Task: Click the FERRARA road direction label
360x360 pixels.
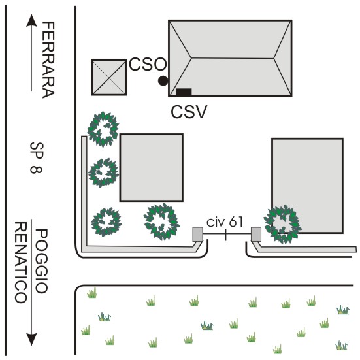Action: click(x=48, y=59)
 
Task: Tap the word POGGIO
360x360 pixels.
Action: click(x=42, y=261)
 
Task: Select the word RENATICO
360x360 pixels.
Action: click(x=21, y=263)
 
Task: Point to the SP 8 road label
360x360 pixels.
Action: click(x=37, y=158)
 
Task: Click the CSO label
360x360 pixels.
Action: click(x=148, y=64)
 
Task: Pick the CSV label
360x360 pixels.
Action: click(x=189, y=112)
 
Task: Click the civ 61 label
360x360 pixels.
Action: click(x=225, y=221)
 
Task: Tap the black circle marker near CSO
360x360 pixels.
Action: click(x=163, y=81)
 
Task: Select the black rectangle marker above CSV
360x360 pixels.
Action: click(x=184, y=92)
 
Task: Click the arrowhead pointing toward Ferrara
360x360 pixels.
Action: click(x=31, y=20)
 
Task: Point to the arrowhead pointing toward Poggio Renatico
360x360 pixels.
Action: click(x=31, y=339)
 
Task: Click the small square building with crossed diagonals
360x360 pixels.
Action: click(x=109, y=77)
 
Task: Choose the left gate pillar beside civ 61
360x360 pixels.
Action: click(x=197, y=234)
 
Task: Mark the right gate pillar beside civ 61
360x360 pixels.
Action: click(x=256, y=234)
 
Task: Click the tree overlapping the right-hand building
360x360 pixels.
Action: click(x=283, y=224)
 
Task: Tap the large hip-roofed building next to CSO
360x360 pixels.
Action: click(x=230, y=58)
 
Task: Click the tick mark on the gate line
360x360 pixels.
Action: click(x=226, y=235)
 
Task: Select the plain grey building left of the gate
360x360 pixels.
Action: click(x=152, y=167)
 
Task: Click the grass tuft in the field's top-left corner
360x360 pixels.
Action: click(x=92, y=293)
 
